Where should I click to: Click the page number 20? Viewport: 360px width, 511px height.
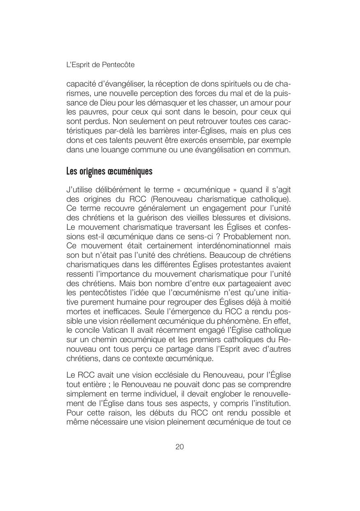pyautogui.click(x=180, y=447)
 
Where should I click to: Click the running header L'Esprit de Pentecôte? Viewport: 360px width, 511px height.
pyautogui.click(x=100, y=65)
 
